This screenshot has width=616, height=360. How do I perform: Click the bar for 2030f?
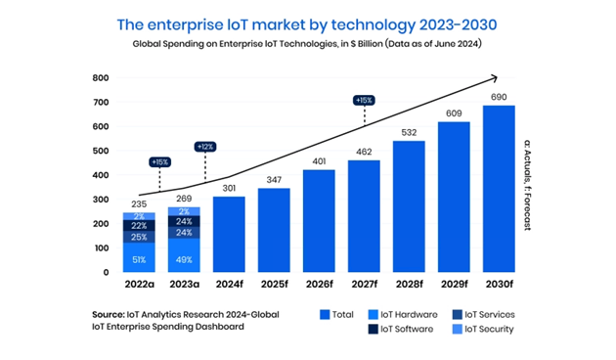[x=499, y=189]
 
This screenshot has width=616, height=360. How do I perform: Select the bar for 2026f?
[x=319, y=221]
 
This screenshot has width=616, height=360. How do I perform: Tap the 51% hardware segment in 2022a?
[x=139, y=257]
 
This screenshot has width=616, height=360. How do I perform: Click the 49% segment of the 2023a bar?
[x=184, y=255]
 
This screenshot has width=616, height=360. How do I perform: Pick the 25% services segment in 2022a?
[x=139, y=237]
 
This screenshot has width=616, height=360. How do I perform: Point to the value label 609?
[x=454, y=113]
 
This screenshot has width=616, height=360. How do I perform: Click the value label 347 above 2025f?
[x=274, y=180]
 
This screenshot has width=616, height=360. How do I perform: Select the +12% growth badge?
[x=205, y=147]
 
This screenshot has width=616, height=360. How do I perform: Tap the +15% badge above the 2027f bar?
[x=364, y=100]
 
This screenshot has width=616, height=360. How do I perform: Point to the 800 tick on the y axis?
[x=101, y=78]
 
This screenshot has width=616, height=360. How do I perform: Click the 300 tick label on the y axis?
[x=101, y=200]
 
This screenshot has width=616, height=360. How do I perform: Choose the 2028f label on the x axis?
[x=409, y=284]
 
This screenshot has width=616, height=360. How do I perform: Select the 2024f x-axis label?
[x=229, y=284]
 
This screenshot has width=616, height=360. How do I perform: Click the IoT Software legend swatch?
[x=374, y=329]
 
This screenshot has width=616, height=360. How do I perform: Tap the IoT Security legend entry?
[x=483, y=329]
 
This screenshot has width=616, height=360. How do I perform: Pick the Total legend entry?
[x=336, y=314]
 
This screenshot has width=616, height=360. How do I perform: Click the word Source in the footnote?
[x=108, y=314]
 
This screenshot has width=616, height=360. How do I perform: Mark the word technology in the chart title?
[x=373, y=24]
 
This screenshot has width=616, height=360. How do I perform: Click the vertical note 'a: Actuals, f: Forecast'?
[x=527, y=185]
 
